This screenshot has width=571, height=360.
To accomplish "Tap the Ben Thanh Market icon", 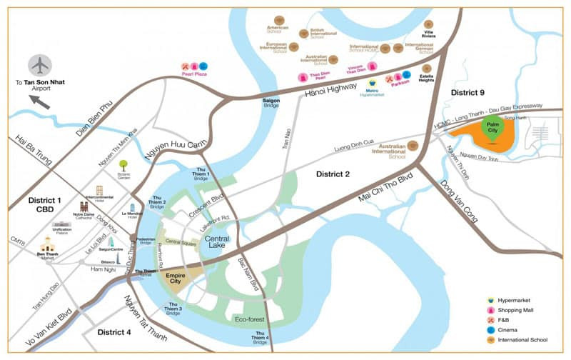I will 47,244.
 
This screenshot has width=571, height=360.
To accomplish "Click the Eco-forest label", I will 248,319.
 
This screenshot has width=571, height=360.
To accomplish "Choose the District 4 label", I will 114,332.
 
